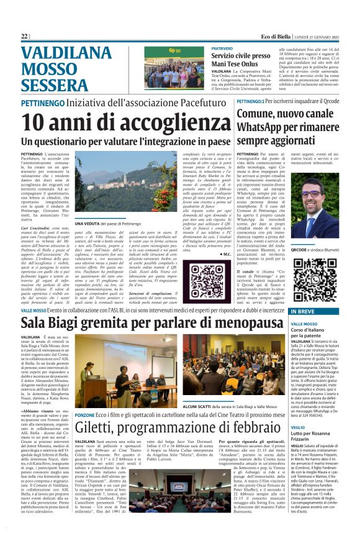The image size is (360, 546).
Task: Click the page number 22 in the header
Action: click(x=25, y=37)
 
